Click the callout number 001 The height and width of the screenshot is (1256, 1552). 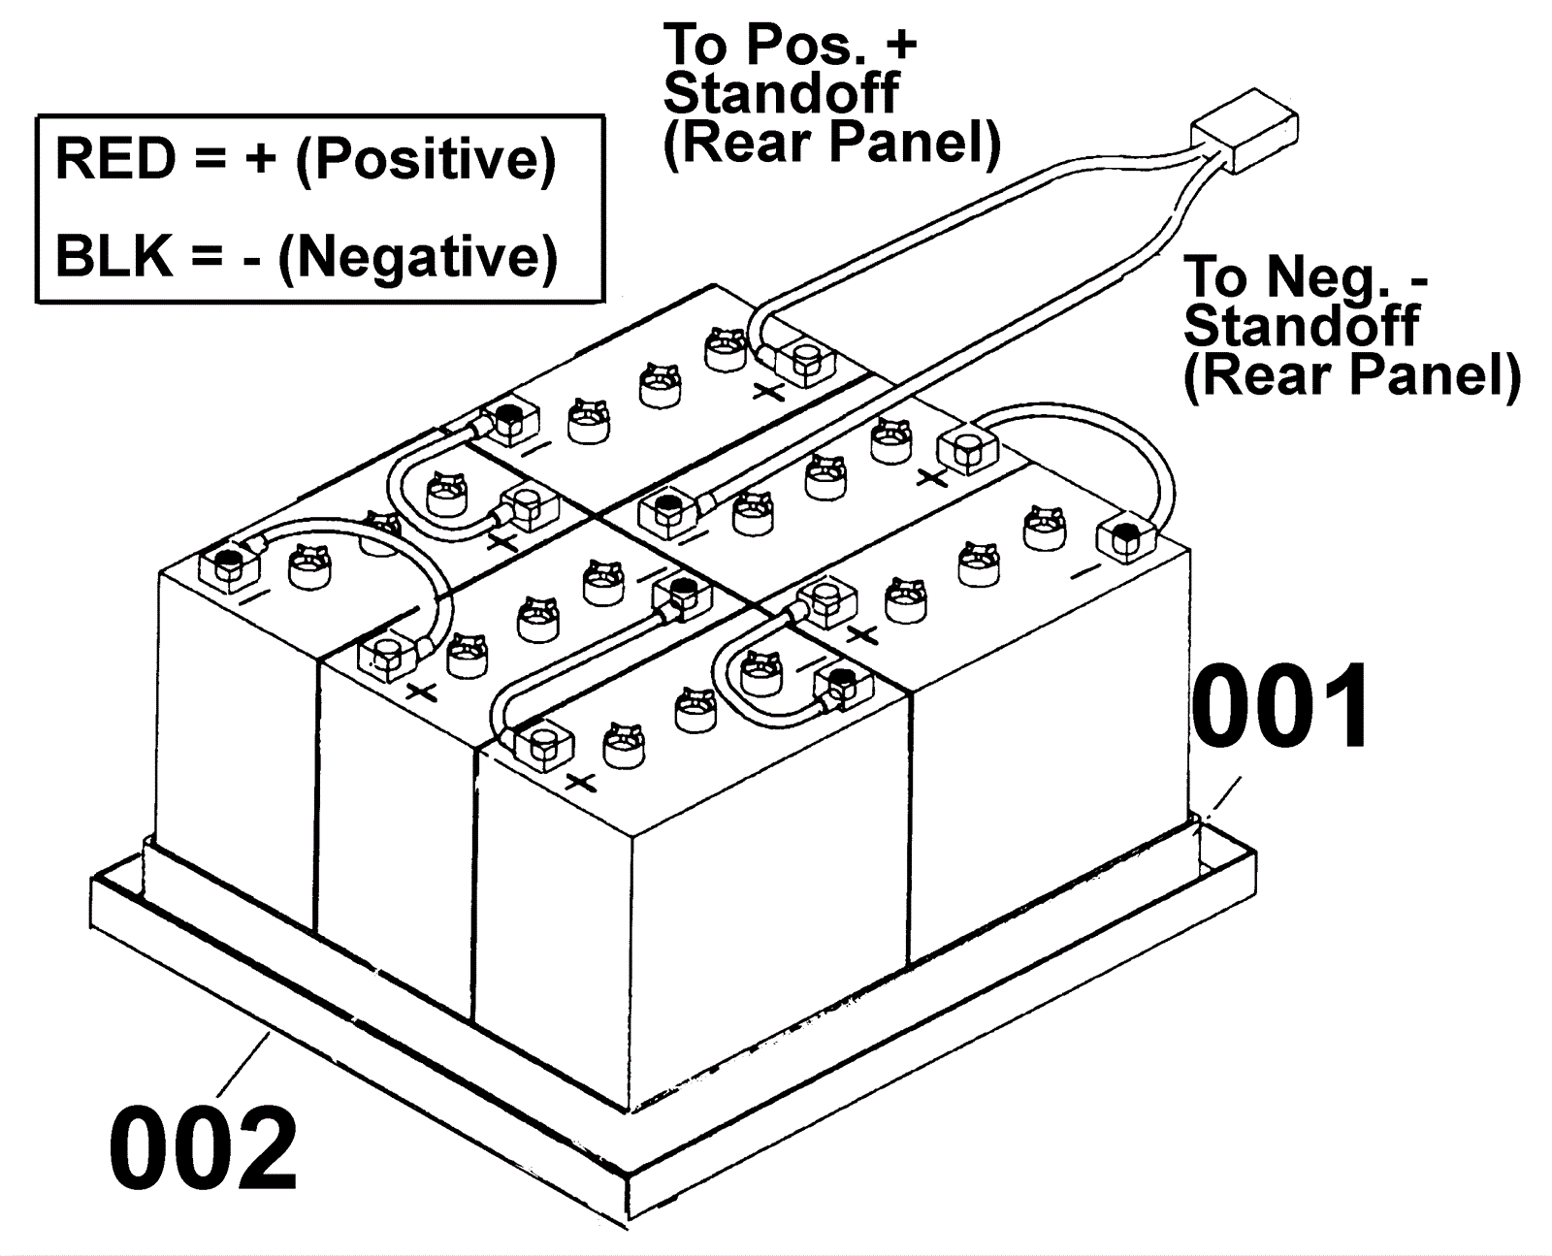[1280, 707]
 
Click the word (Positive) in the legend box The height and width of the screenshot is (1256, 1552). [427, 160]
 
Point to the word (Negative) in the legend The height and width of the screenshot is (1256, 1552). [418, 258]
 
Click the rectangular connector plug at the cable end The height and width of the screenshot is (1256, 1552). [1245, 131]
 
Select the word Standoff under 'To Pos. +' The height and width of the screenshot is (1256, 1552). [782, 93]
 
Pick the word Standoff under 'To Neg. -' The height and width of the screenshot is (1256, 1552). [1301, 326]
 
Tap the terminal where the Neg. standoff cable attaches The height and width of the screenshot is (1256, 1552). [667, 507]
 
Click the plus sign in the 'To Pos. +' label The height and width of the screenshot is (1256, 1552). [901, 45]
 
